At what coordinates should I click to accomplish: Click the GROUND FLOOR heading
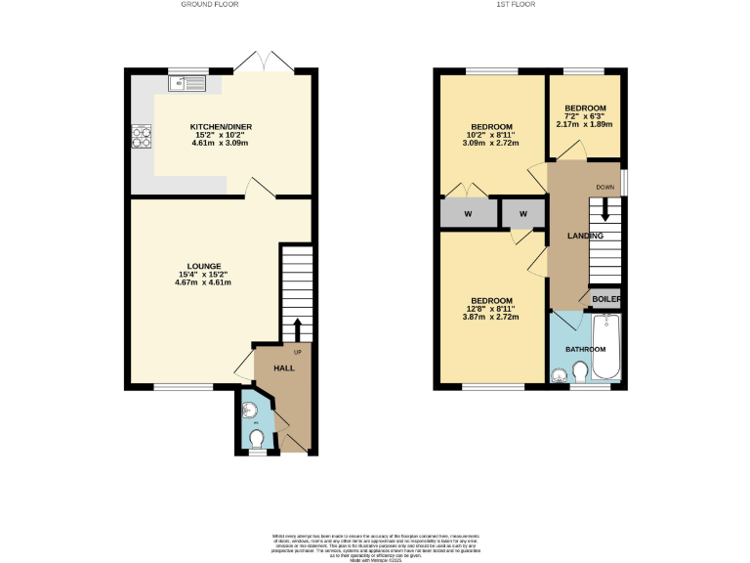pyautogui.click(x=210, y=5)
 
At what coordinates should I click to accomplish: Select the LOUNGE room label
pyautogui.click(x=204, y=266)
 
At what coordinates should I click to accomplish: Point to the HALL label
pyautogui.click(x=283, y=368)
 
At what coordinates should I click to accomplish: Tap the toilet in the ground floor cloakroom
pyautogui.click(x=257, y=438)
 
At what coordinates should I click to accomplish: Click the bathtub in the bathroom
pyautogui.click(x=605, y=348)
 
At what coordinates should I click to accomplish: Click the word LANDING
pyautogui.click(x=586, y=236)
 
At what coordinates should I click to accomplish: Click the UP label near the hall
pyautogui.click(x=297, y=352)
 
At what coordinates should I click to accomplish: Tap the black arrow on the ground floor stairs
pyautogui.click(x=297, y=326)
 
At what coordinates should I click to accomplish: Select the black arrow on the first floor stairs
pyautogui.click(x=605, y=209)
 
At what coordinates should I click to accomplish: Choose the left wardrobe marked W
pyautogui.click(x=468, y=213)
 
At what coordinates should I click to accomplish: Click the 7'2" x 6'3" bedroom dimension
pyautogui.click(x=585, y=116)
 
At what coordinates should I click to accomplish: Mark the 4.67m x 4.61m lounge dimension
pyautogui.click(x=204, y=282)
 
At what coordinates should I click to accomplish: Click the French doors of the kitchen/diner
pyautogui.click(x=264, y=61)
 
